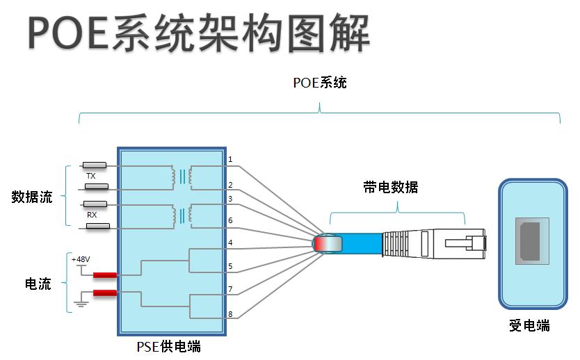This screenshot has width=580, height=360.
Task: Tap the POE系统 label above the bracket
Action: [x=319, y=83]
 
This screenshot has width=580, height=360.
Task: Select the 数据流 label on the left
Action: [x=32, y=197]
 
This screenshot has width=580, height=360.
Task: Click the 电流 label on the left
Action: [x=38, y=284]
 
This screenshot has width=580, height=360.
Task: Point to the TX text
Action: [x=90, y=177]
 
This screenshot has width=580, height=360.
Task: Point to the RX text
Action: [x=91, y=215]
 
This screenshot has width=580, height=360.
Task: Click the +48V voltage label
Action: [x=81, y=259]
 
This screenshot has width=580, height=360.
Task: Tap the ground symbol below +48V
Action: [x=81, y=303]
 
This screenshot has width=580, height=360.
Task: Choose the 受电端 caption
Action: [x=529, y=325]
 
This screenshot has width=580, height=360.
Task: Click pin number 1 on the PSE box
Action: [x=230, y=160]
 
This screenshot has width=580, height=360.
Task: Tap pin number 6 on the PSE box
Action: [x=230, y=220]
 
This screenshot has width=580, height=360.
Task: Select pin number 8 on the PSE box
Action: [x=230, y=314]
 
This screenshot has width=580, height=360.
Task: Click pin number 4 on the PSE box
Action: [x=230, y=243]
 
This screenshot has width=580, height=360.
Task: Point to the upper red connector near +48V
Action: [x=104, y=275]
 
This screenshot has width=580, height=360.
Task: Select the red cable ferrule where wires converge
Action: [x=328, y=244]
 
